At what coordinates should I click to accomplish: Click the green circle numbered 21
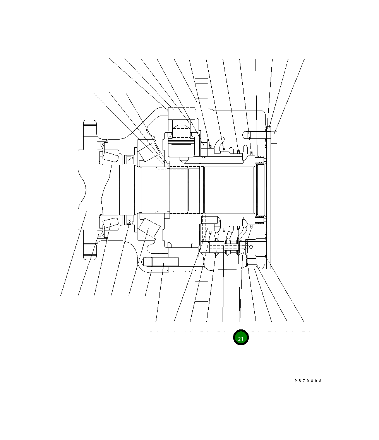point(240,338)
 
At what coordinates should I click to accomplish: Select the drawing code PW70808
point(308,381)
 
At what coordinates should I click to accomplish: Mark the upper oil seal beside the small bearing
point(129,159)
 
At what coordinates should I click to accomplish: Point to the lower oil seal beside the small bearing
point(129,221)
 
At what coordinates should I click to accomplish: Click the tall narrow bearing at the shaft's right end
point(260,189)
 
